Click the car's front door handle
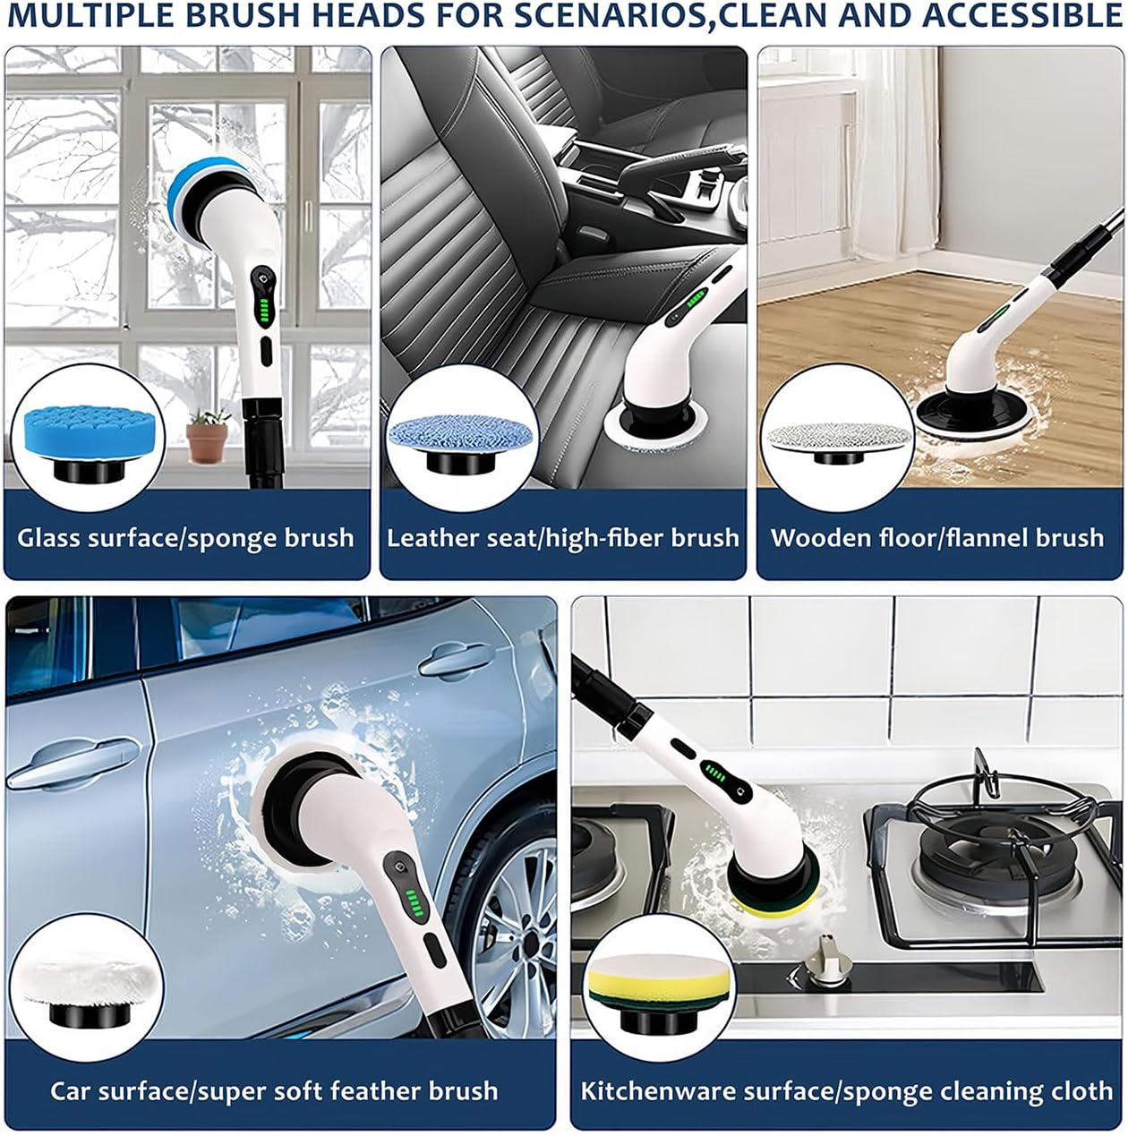point(450,660)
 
